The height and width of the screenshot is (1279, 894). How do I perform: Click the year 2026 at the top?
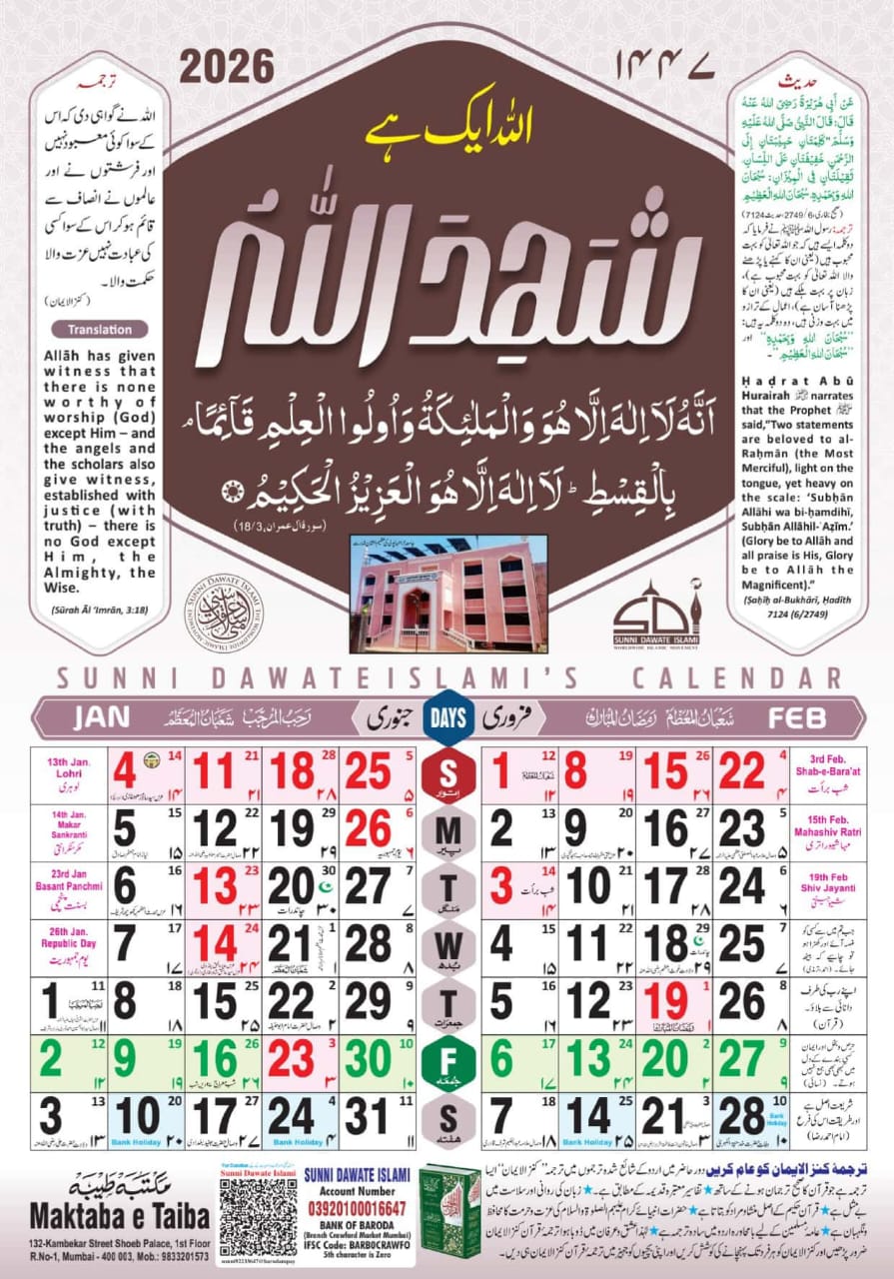coord(227,67)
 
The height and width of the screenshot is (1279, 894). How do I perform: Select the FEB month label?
coord(797,717)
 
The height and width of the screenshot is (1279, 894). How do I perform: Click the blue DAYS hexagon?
coord(447,717)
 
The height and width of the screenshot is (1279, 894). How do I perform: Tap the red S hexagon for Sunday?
coord(447,772)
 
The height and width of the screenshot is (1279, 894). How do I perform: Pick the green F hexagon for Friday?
coord(447,1059)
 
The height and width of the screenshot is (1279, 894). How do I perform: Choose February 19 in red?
coord(662,1002)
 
